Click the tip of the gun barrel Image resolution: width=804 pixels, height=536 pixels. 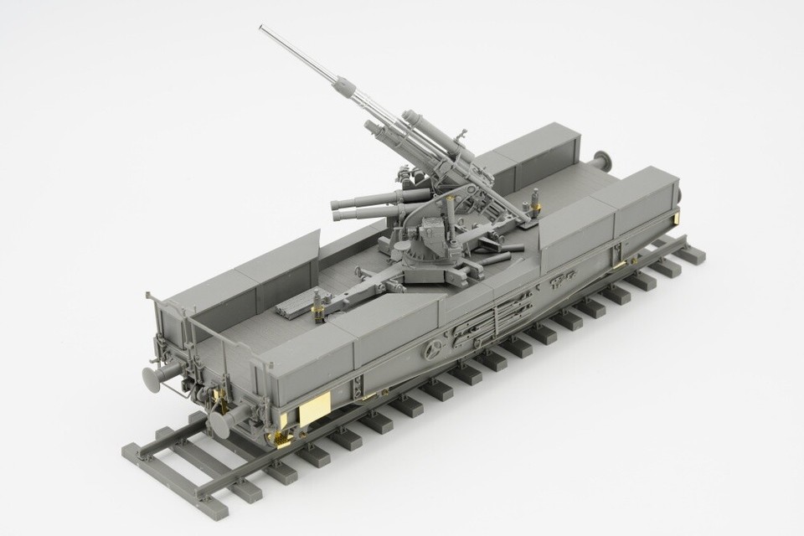click(261, 28)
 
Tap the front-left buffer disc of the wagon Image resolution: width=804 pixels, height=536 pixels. click(153, 379)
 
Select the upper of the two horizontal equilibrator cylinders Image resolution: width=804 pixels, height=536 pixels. click(368, 198)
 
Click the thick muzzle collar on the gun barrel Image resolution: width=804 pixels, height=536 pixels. click(344, 86)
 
